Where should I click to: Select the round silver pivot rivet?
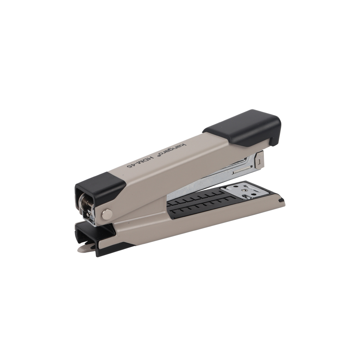point(107,214)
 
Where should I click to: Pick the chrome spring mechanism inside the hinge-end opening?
point(87,209)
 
